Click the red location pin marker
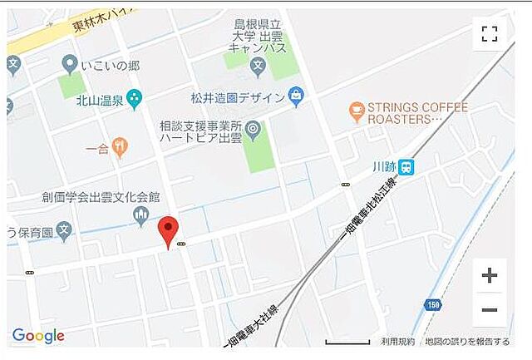(x=169, y=230)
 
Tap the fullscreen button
(x=490, y=34)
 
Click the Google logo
(x=38, y=336)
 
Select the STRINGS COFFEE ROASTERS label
(x=418, y=113)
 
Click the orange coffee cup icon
(x=357, y=108)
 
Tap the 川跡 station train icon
(x=406, y=166)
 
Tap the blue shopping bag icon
(x=295, y=96)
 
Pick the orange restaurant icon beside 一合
(x=121, y=148)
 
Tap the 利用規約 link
(x=397, y=342)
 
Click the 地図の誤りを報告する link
(x=466, y=342)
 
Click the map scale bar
(x=347, y=342)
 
